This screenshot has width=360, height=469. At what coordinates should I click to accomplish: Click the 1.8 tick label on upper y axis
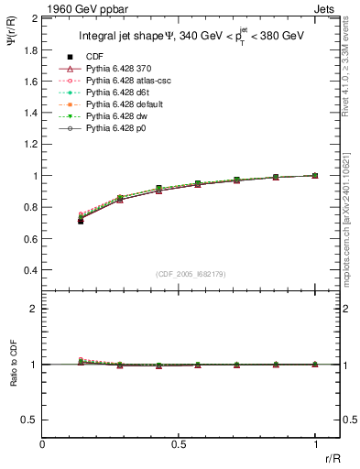[x=30, y=49]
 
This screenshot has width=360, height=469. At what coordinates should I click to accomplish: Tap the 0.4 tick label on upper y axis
[x=30, y=270]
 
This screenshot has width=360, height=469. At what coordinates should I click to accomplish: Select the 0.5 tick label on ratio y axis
[x=30, y=420]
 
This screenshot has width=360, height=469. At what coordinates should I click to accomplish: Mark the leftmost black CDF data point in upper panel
[x=81, y=221]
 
